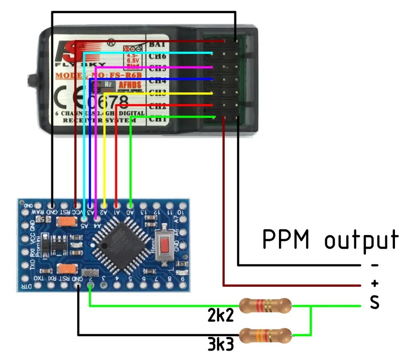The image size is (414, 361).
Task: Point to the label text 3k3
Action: (221, 345)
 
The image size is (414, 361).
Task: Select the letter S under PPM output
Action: (374, 303)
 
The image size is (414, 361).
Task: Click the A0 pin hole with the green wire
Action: (130, 205)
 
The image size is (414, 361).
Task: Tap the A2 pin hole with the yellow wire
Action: (104, 205)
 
